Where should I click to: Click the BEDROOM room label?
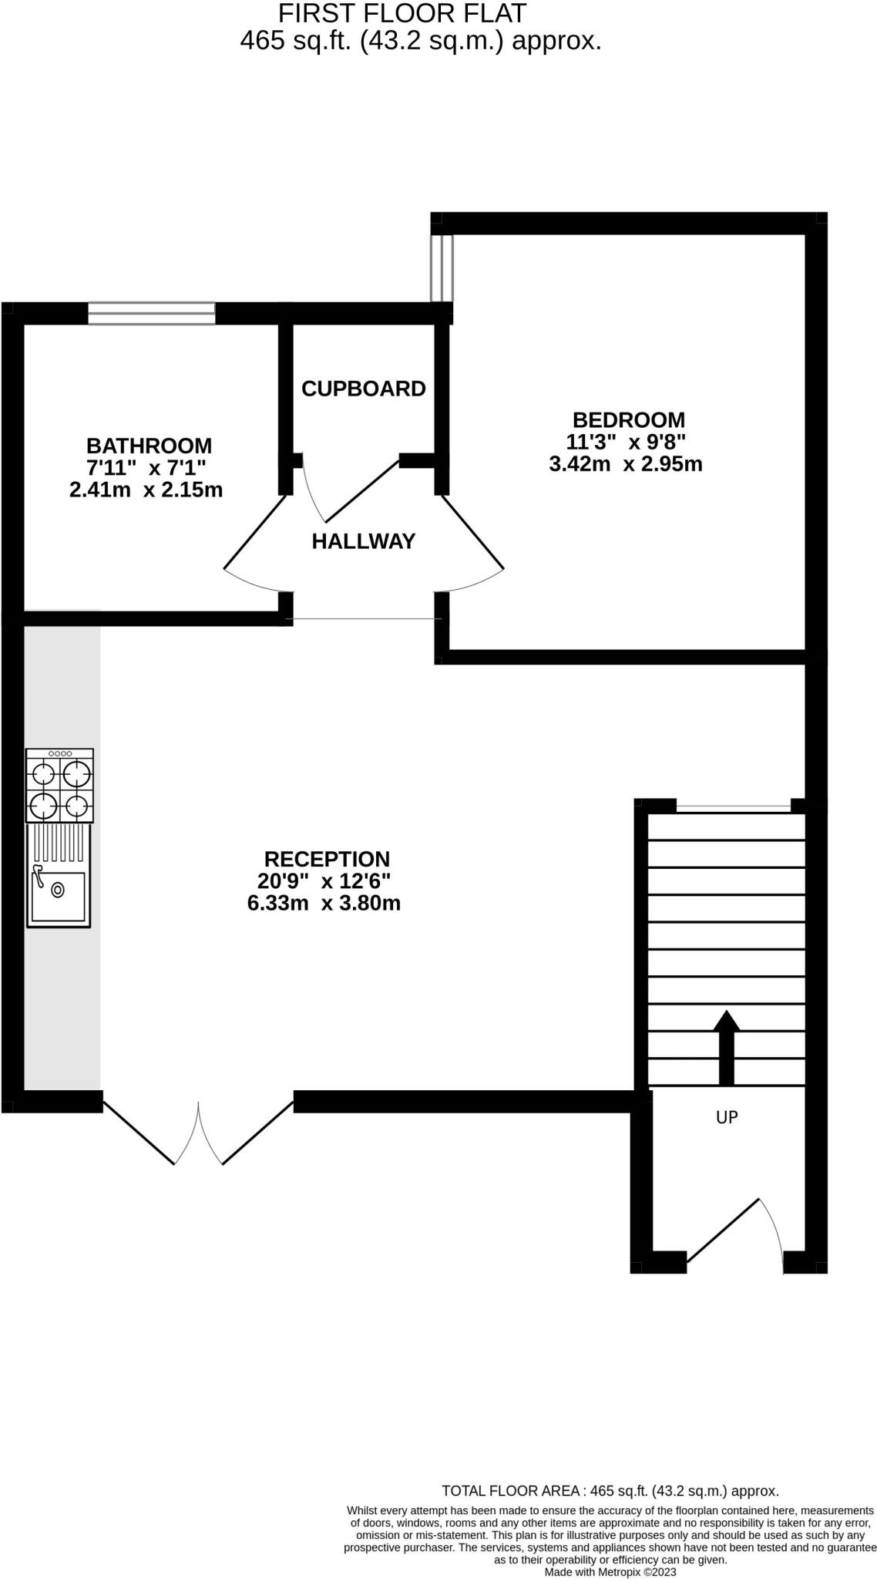628,420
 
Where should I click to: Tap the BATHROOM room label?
149,446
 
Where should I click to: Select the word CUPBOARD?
363,389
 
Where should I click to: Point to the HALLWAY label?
363,541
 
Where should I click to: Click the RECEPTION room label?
327,859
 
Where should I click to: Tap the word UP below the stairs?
727,1116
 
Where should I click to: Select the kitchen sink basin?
59,896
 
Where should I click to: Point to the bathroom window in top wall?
151,313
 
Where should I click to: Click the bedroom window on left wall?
442,268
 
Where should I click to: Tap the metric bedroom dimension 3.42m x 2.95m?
625,464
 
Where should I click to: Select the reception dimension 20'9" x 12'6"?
324,880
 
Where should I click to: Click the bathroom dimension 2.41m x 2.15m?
146,490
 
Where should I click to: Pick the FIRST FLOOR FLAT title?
402,13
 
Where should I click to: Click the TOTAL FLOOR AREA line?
610,1491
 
